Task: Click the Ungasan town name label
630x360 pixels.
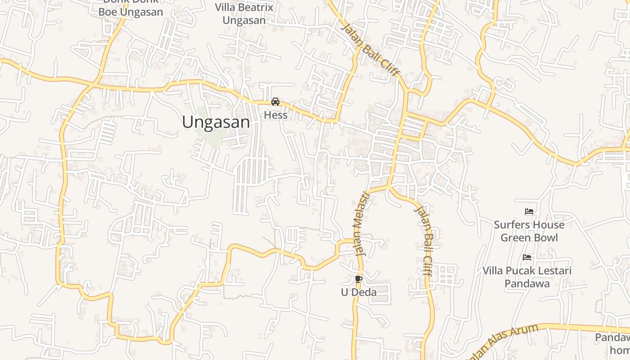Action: [216, 122]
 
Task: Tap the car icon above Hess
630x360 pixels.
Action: [275, 102]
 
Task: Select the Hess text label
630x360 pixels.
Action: [275, 115]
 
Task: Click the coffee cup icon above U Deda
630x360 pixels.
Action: [358, 279]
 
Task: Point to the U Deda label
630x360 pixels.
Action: [358, 292]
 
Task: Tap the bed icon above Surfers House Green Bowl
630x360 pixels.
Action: [529, 211]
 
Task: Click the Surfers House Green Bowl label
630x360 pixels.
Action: [529, 231]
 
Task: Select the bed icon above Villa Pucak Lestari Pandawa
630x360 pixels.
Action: [527, 257]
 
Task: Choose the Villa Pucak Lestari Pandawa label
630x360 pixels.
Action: [527, 277]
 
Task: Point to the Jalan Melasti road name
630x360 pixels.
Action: [362, 224]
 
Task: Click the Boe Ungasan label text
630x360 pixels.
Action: [130, 12]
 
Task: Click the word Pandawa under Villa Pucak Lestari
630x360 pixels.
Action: [527, 283]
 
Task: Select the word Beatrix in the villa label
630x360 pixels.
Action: [258, 7]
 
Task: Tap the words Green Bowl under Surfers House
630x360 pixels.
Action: [529, 238]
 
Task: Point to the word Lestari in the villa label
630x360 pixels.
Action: [552, 270]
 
